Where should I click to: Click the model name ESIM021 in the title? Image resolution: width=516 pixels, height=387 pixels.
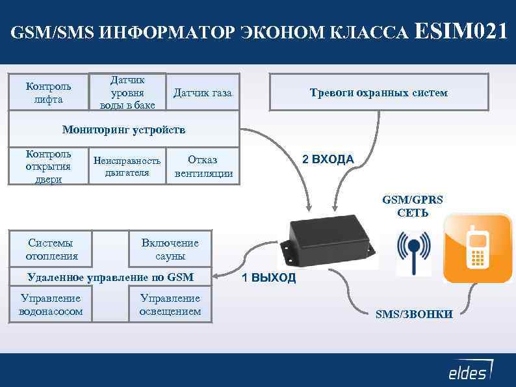(x=459, y=31)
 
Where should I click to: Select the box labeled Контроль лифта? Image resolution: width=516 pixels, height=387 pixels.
(x=48, y=92)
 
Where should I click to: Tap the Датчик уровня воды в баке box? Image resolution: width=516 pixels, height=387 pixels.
(x=127, y=92)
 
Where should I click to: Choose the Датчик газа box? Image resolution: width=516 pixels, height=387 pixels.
(x=202, y=93)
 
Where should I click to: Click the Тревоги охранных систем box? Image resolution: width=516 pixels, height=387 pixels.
(x=378, y=92)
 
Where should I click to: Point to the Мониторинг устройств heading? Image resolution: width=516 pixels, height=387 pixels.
(x=123, y=129)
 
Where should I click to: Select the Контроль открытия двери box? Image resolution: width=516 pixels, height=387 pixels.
(x=48, y=167)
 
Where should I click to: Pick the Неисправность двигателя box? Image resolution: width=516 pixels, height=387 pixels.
(x=127, y=167)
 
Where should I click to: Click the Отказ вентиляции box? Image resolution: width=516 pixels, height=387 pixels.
(x=203, y=167)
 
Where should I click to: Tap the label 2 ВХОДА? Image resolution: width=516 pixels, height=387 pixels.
(x=328, y=159)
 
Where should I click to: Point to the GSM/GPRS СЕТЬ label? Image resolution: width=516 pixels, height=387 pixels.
(x=413, y=207)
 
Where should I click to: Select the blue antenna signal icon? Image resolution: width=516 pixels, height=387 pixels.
(x=413, y=253)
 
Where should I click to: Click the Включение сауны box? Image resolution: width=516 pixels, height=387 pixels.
(x=170, y=249)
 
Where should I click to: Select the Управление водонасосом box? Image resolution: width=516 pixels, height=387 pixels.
(x=51, y=304)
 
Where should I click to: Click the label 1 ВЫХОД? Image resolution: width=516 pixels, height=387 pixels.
(x=268, y=278)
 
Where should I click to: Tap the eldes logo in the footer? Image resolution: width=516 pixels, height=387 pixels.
(x=469, y=371)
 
